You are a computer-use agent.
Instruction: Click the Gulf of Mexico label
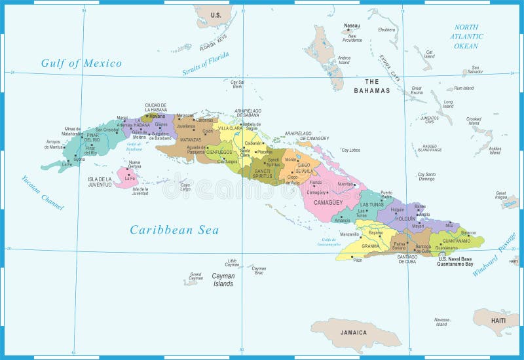click(x=81, y=63)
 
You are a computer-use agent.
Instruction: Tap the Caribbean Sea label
click(x=174, y=230)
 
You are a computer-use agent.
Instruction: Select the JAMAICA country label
click(x=354, y=333)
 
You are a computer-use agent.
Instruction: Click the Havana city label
click(x=157, y=117)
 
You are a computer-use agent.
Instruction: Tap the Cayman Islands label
click(x=223, y=279)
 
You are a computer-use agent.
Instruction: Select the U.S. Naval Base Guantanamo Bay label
click(x=455, y=262)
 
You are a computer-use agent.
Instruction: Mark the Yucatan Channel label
click(x=43, y=192)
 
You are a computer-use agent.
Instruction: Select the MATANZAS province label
click(x=172, y=140)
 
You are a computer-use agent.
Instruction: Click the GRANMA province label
click(x=371, y=247)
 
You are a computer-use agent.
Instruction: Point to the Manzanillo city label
click(x=349, y=234)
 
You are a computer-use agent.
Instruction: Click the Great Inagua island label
click(x=500, y=194)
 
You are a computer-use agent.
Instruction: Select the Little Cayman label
click(x=231, y=262)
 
